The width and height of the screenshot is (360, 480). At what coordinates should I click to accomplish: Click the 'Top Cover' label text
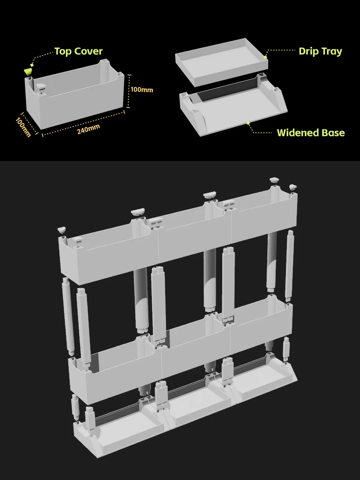click(x=78, y=51)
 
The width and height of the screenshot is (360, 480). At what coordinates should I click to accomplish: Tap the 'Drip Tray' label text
click(x=320, y=51)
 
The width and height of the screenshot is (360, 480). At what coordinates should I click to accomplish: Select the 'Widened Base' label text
click(x=311, y=133)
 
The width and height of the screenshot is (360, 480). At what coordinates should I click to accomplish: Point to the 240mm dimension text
click(x=88, y=129)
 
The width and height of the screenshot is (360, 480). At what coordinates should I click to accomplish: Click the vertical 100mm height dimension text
click(x=142, y=90)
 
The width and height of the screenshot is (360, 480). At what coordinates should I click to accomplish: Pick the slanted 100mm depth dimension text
click(x=23, y=127)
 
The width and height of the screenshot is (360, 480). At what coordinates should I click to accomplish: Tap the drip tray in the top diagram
click(x=221, y=62)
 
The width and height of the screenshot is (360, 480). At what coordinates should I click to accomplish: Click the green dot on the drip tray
click(x=265, y=57)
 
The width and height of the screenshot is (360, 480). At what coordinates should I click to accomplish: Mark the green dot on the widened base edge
click(x=248, y=123)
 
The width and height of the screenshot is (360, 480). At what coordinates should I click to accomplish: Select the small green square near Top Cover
click(x=32, y=65)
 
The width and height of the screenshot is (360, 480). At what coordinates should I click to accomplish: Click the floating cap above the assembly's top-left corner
click(x=62, y=230)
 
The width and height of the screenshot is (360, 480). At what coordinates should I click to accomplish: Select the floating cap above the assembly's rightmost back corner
click(x=293, y=187)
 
